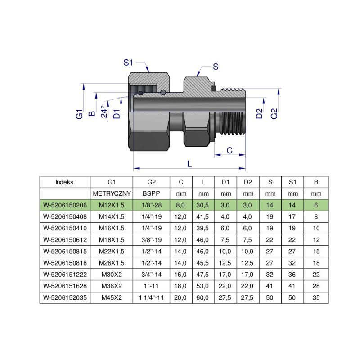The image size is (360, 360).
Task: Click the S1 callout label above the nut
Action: point(128,63)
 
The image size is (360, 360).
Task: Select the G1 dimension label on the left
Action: point(80,114)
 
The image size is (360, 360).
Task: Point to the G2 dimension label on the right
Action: point(274,114)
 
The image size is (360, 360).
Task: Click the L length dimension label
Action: point(189,164)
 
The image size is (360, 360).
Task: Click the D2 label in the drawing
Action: point(259,114)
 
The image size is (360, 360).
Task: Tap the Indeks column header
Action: point(65,182)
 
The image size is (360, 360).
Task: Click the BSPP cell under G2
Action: point(151,193)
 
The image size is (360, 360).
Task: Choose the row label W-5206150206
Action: point(65,205)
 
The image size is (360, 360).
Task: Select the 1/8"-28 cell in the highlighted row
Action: point(151,205)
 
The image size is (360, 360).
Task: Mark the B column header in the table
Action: point(316,182)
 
